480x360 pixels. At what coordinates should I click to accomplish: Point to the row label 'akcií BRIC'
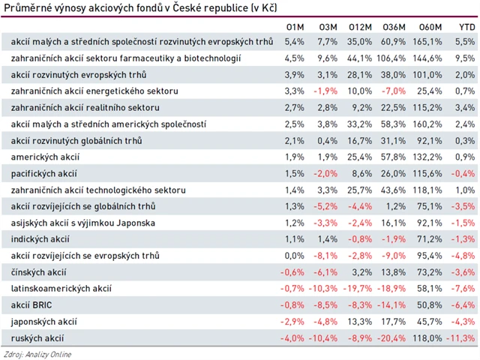[x=34, y=304]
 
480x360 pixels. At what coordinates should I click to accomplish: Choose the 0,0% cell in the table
[x=295, y=256]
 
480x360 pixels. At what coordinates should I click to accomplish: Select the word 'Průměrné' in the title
[x=23, y=7]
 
